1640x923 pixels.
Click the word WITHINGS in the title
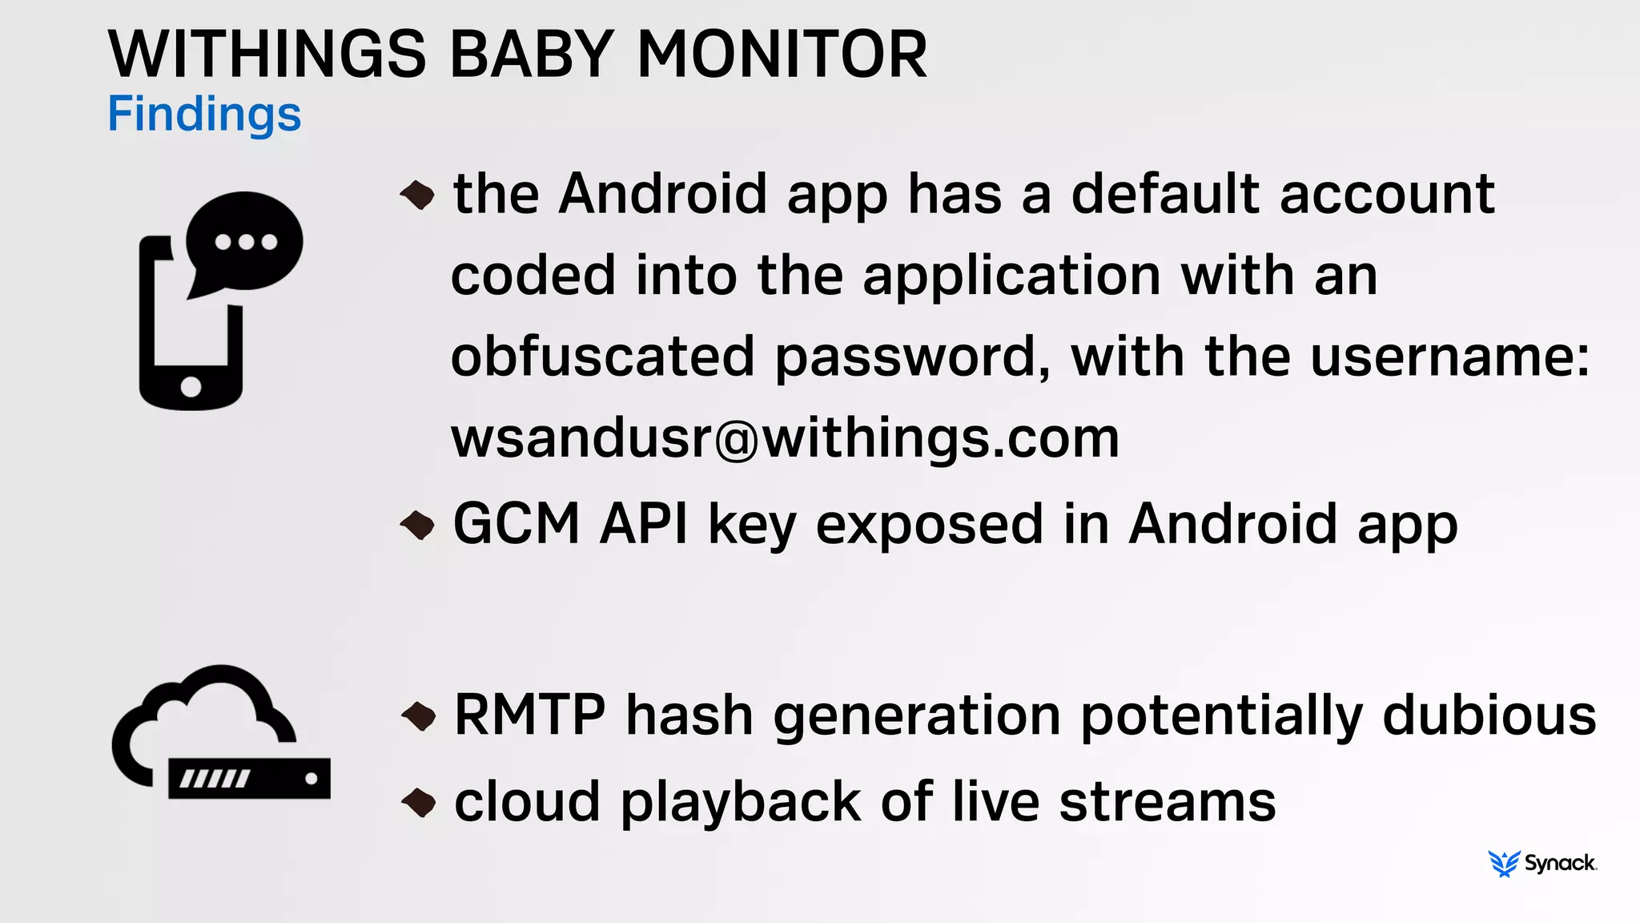267,54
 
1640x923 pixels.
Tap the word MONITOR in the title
782,54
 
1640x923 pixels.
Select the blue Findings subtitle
204,114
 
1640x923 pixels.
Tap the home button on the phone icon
191,386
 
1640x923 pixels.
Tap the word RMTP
529,715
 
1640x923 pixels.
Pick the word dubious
1489,715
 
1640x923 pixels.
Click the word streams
1167,801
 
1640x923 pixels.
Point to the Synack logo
1542,863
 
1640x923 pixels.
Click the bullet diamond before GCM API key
417,525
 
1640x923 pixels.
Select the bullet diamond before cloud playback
418,802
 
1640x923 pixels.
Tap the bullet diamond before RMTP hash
418,715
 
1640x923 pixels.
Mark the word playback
740,803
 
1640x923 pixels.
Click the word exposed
929,524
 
